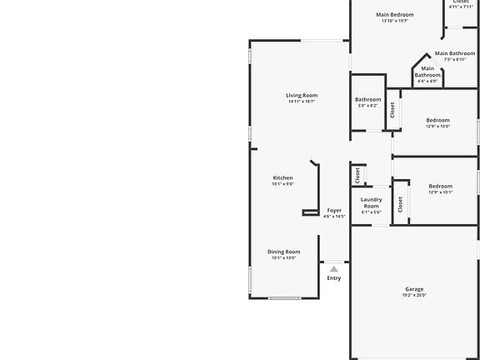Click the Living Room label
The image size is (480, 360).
tap(302, 95)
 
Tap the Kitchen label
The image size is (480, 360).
tap(282, 177)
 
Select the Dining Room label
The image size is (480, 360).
tap(283, 252)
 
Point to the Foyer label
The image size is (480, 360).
tap(333, 210)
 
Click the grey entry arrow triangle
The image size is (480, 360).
tap(333, 268)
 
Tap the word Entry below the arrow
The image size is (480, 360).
tap(333, 278)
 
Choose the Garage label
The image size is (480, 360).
tap(414, 289)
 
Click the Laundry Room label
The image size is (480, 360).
tap(371, 202)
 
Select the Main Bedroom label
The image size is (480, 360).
tap(394, 14)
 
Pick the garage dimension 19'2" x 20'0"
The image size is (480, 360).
tap(414, 296)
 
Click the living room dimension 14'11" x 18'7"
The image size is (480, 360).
tap(302, 102)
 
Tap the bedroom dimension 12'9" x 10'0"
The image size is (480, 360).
tap(437, 127)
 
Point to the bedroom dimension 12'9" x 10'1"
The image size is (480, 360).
tap(440, 192)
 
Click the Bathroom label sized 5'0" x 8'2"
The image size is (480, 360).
tap(367, 100)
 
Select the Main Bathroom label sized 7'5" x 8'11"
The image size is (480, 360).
tap(454, 53)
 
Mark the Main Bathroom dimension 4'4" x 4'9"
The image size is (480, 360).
tap(427, 82)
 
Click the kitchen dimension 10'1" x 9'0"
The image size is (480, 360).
tap(282, 184)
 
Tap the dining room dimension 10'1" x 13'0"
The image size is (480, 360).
tap(283, 258)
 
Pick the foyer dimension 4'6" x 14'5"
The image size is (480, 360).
tap(333, 217)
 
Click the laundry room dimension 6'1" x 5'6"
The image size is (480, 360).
tap(371, 212)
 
